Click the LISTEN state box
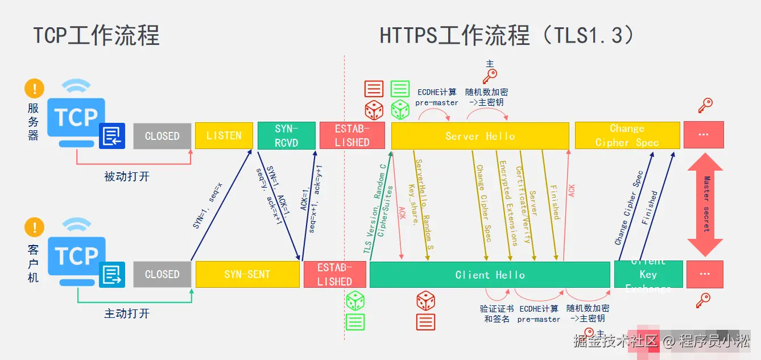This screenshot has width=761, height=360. (224, 135)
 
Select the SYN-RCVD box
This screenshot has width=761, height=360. (286, 135)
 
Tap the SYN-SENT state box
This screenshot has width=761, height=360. (247, 274)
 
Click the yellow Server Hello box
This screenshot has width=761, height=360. (480, 135)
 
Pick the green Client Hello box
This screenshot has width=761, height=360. (490, 274)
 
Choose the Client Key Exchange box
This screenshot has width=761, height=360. (648, 274)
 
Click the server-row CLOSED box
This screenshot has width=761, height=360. (162, 135)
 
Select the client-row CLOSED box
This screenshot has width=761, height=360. (162, 274)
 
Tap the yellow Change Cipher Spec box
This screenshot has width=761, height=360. (627, 135)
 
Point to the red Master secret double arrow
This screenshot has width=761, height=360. (705, 205)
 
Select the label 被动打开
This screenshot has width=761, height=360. (127, 176)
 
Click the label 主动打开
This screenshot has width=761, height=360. (127, 313)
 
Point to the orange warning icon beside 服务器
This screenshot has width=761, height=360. (34, 89)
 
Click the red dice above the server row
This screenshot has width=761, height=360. (374, 110)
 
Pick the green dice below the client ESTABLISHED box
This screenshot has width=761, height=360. (355, 300)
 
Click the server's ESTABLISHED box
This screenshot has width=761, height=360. (352, 135)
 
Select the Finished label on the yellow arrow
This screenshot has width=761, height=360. (554, 201)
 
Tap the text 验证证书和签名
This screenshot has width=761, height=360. (497, 313)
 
